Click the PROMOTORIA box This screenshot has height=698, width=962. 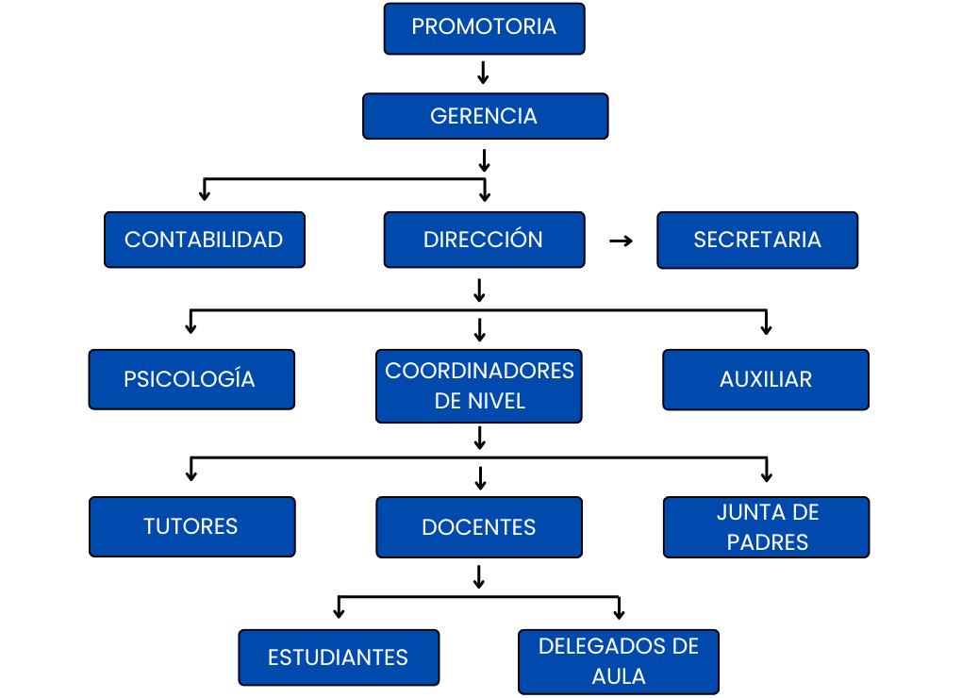point(484,28)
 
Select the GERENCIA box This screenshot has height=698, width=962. point(485,116)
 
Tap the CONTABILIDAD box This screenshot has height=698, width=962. point(204,240)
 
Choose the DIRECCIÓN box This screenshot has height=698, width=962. point(484,240)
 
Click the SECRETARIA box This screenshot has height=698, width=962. point(757,240)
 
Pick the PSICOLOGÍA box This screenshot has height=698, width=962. point(191,379)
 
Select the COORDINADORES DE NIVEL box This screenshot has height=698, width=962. point(479,386)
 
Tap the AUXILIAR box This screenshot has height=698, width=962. point(765,379)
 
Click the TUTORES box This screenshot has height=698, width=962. point(191,526)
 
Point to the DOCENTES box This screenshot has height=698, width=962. point(479,527)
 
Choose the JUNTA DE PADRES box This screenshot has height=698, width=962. point(767,527)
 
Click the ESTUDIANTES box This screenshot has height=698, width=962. point(338,657)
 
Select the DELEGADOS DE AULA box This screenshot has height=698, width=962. point(618,661)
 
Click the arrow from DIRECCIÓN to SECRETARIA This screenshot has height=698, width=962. point(621,241)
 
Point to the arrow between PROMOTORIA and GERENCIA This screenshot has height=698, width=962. point(483,74)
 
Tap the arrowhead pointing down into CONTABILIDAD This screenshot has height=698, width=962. point(204,194)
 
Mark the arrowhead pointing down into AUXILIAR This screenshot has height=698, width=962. point(766,328)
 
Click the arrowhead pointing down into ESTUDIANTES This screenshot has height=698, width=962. point(339,613)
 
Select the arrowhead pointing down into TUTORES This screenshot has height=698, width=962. point(192,474)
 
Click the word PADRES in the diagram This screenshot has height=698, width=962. point(768,542)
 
